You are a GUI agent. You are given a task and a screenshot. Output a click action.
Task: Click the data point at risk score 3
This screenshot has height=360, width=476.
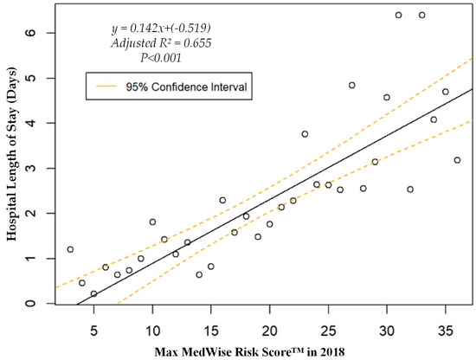tap(70, 249)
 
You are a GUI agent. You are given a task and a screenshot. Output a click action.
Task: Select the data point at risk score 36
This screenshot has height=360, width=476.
tap(457, 160)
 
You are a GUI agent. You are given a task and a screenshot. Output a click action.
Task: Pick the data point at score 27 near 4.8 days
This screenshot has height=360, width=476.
tap(351, 85)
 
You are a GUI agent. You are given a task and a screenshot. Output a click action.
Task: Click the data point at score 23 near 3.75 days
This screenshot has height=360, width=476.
tap(305, 134)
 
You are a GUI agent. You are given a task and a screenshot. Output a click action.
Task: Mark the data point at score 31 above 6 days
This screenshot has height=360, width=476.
tap(398, 15)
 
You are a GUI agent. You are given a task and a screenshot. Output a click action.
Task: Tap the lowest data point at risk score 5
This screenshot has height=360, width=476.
tap(93, 294)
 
